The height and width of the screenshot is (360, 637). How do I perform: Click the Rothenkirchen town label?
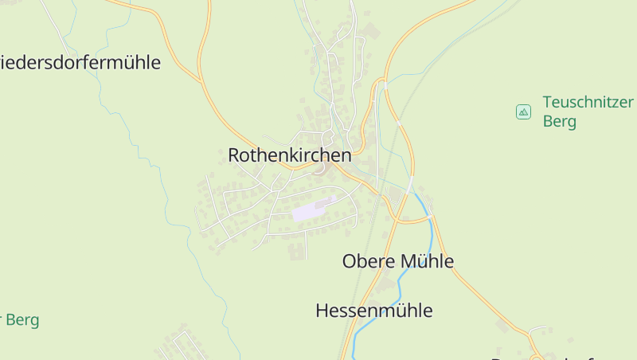point(289,155)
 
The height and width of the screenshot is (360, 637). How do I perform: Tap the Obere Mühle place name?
point(397,260)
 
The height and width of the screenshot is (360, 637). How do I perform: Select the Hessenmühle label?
point(373,310)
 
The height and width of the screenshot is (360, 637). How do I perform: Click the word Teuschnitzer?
point(588,102)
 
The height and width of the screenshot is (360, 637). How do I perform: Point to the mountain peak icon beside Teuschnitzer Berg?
point(523,112)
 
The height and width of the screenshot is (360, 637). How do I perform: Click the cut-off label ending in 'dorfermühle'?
point(80,62)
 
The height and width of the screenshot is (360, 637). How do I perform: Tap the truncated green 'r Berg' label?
point(21,320)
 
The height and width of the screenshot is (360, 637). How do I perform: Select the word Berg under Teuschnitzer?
point(559,122)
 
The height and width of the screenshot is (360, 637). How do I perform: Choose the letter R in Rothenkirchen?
point(234,155)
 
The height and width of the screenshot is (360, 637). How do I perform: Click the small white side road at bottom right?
point(539,328)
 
